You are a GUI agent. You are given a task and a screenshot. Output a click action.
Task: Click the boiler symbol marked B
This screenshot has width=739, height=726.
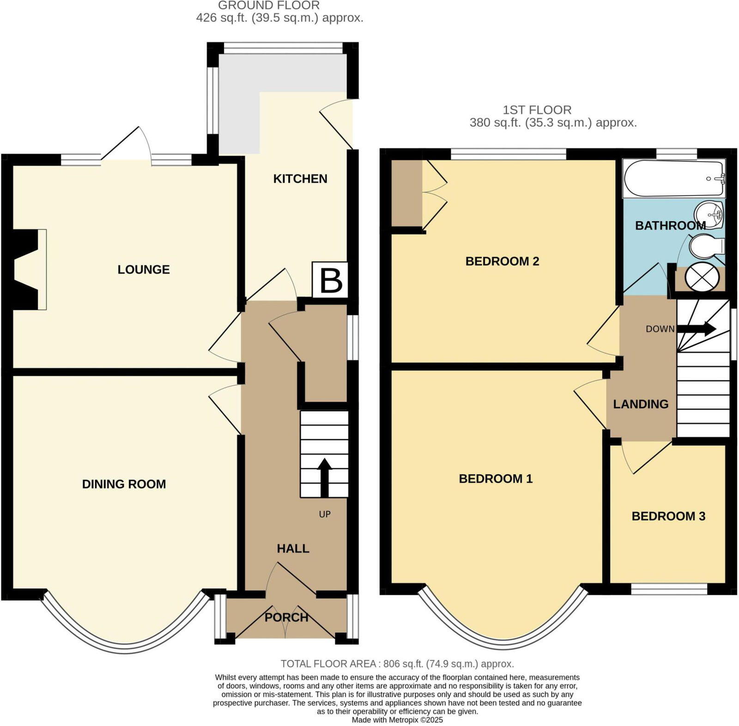pyautogui.click(x=330, y=280)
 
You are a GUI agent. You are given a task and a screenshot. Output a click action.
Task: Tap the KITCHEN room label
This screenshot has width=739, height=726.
pyautogui.click(x=300, y=179)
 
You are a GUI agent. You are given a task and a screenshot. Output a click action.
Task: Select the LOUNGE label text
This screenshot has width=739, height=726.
pyautogui.click(x=144, y=269)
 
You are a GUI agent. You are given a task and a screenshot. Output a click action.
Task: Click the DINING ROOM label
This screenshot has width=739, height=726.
pyautogui.click(x=124, y=484)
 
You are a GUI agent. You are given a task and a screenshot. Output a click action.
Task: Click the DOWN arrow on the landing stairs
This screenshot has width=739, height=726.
pyautogui.click(x=702, y=329)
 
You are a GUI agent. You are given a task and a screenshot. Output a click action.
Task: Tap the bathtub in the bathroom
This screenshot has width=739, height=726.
pyautogui.click(x=673, y=178)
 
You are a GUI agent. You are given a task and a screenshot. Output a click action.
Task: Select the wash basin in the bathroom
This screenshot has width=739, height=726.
pyautogui.click(x=709, y=215)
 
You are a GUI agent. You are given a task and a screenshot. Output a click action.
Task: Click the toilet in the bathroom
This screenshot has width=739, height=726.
pyautogui.click(x=705, y=247)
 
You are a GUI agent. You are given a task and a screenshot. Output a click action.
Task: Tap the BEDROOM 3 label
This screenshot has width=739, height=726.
pyautogui.click(x=668, y=516)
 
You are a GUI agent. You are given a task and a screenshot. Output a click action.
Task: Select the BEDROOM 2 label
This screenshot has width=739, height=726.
pyautogui.click(x=502, y=261)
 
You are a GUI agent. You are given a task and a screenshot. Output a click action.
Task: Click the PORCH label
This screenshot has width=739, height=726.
pyautogui.click(x=286, y=617)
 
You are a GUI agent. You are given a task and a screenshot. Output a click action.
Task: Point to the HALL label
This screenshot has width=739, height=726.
pyautogui.click(x=293, y=548)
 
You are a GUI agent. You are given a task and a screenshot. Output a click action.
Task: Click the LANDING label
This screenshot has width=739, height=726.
pyautogui.click(x=641, y=404)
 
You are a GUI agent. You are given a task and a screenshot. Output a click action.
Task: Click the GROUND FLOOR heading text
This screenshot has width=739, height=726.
pyautogui.click(x=269, y=6)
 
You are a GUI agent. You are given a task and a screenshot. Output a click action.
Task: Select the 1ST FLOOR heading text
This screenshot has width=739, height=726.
pyautogui.click(x=537, y=110)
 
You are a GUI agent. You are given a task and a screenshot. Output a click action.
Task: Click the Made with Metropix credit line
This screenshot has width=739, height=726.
pyautogui.click(x=397, y=720)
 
